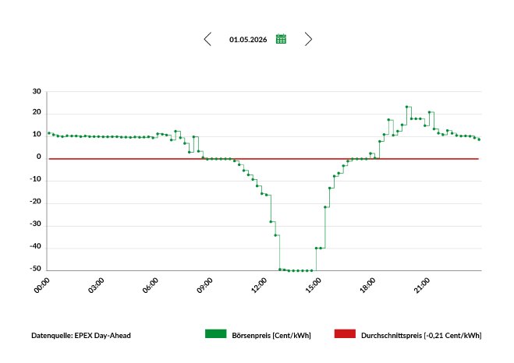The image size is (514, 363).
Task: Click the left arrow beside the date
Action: (x=207, y=39)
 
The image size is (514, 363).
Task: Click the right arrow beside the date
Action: (x=308, y=39)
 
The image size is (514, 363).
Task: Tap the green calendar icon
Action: (x=281, y=39)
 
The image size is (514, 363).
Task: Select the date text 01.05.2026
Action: (x=248, y=40)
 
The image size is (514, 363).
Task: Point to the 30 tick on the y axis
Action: (x=37, y=91)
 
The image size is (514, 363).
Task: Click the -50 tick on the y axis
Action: (x=36, y=269)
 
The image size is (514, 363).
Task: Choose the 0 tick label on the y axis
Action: (x=39, y=157)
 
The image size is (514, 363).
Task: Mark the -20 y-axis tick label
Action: (x=36, y=202)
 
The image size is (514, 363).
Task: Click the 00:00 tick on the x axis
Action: (x=42, y=285)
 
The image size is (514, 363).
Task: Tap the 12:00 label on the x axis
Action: (x=259, y=285)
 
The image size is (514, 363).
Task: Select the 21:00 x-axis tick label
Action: (x=422, y=285)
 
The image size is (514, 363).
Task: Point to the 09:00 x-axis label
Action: (x=205, y=285)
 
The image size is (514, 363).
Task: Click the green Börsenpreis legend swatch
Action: (x=216, y=334)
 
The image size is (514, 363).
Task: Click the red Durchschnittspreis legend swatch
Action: (x=345, y=334)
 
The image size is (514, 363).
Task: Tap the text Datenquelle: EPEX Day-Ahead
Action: (x=81, y=336)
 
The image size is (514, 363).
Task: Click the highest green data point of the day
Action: (x=407, y=107)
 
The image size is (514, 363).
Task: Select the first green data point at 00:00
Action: (x=49, y=133)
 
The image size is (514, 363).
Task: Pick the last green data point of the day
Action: (x=479, y=139)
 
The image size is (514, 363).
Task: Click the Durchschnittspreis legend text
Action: (x=421, y=336)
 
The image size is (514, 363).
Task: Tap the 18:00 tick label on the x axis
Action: (x=367, y=285)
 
